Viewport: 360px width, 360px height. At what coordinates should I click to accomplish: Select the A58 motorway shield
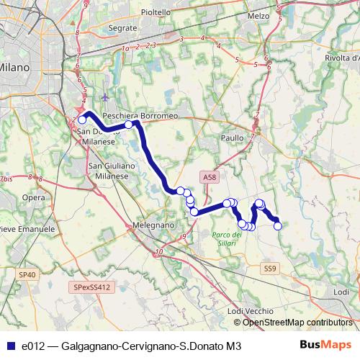208,176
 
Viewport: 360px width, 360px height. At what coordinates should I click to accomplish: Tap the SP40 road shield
27,274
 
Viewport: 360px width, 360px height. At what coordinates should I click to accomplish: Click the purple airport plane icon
107,97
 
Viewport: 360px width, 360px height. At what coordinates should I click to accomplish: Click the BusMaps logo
325,346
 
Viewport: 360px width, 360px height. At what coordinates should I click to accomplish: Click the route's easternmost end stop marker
277,226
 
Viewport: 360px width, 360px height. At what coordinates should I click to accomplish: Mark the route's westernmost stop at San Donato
83,120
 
